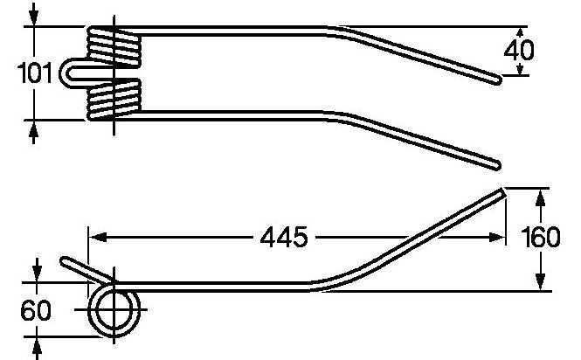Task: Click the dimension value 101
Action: (x=35, y=73)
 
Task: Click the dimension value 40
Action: (x=519, y=50)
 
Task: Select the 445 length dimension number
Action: (x=284, y=238)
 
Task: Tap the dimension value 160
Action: (x=541, y=238)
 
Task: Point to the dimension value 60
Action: (x=36, y=310)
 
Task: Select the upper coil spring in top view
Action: (x=114, y=46)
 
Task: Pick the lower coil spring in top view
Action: (x=114, y=99)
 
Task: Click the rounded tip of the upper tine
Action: (x=498, y=80)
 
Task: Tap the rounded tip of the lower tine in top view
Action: (x=496, y=165)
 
